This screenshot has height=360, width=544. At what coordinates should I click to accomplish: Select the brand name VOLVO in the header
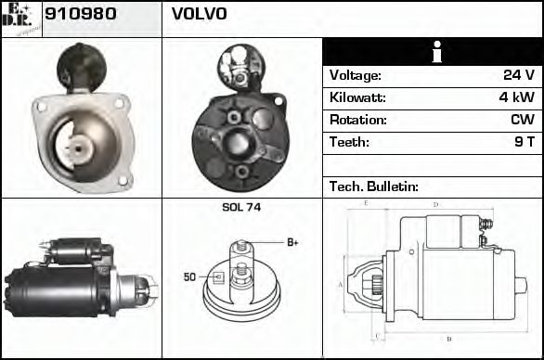pyautogui.click(x=199, y=15)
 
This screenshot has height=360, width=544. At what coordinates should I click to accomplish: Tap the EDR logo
pyautogui.click(x=20, y=19)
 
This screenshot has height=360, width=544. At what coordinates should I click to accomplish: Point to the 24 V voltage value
pyautogui.click(x=518, y=75)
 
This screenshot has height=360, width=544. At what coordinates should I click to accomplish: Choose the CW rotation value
pyautogui.click(x=523, y=120)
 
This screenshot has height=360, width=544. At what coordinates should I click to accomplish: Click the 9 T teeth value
pyautogui.click(x=525, y=142)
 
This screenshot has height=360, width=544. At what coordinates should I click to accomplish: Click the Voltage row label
pyautogui.click(x=356, y=75)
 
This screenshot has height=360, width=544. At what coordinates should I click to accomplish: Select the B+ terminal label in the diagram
pyautogui.click(x=291, y=242)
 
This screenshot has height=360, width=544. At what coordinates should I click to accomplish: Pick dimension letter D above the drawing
pyautogui.click(x=435, y=204)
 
